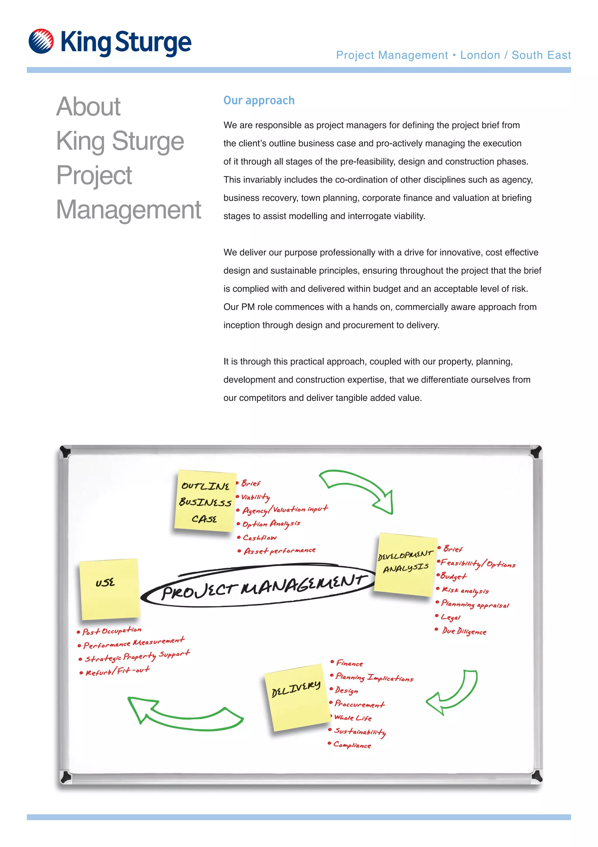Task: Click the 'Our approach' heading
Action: pyautogui.click(x=259, y=100)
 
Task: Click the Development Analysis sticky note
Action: pyautogui.click(x=406, y=564)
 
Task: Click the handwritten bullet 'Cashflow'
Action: pyautogui.click(x=260, y=538)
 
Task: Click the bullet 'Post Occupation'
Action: pyautogui.click(x=112, y=631)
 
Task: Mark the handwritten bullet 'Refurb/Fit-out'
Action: pyautogui.click(x=117, y=671)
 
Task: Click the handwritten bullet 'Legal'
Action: pyautogui.click(x=450, y=617)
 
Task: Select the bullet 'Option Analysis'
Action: pyautogui.click(x=271, y=524)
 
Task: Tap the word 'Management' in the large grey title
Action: pyautogui.click(x=128, y=210)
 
